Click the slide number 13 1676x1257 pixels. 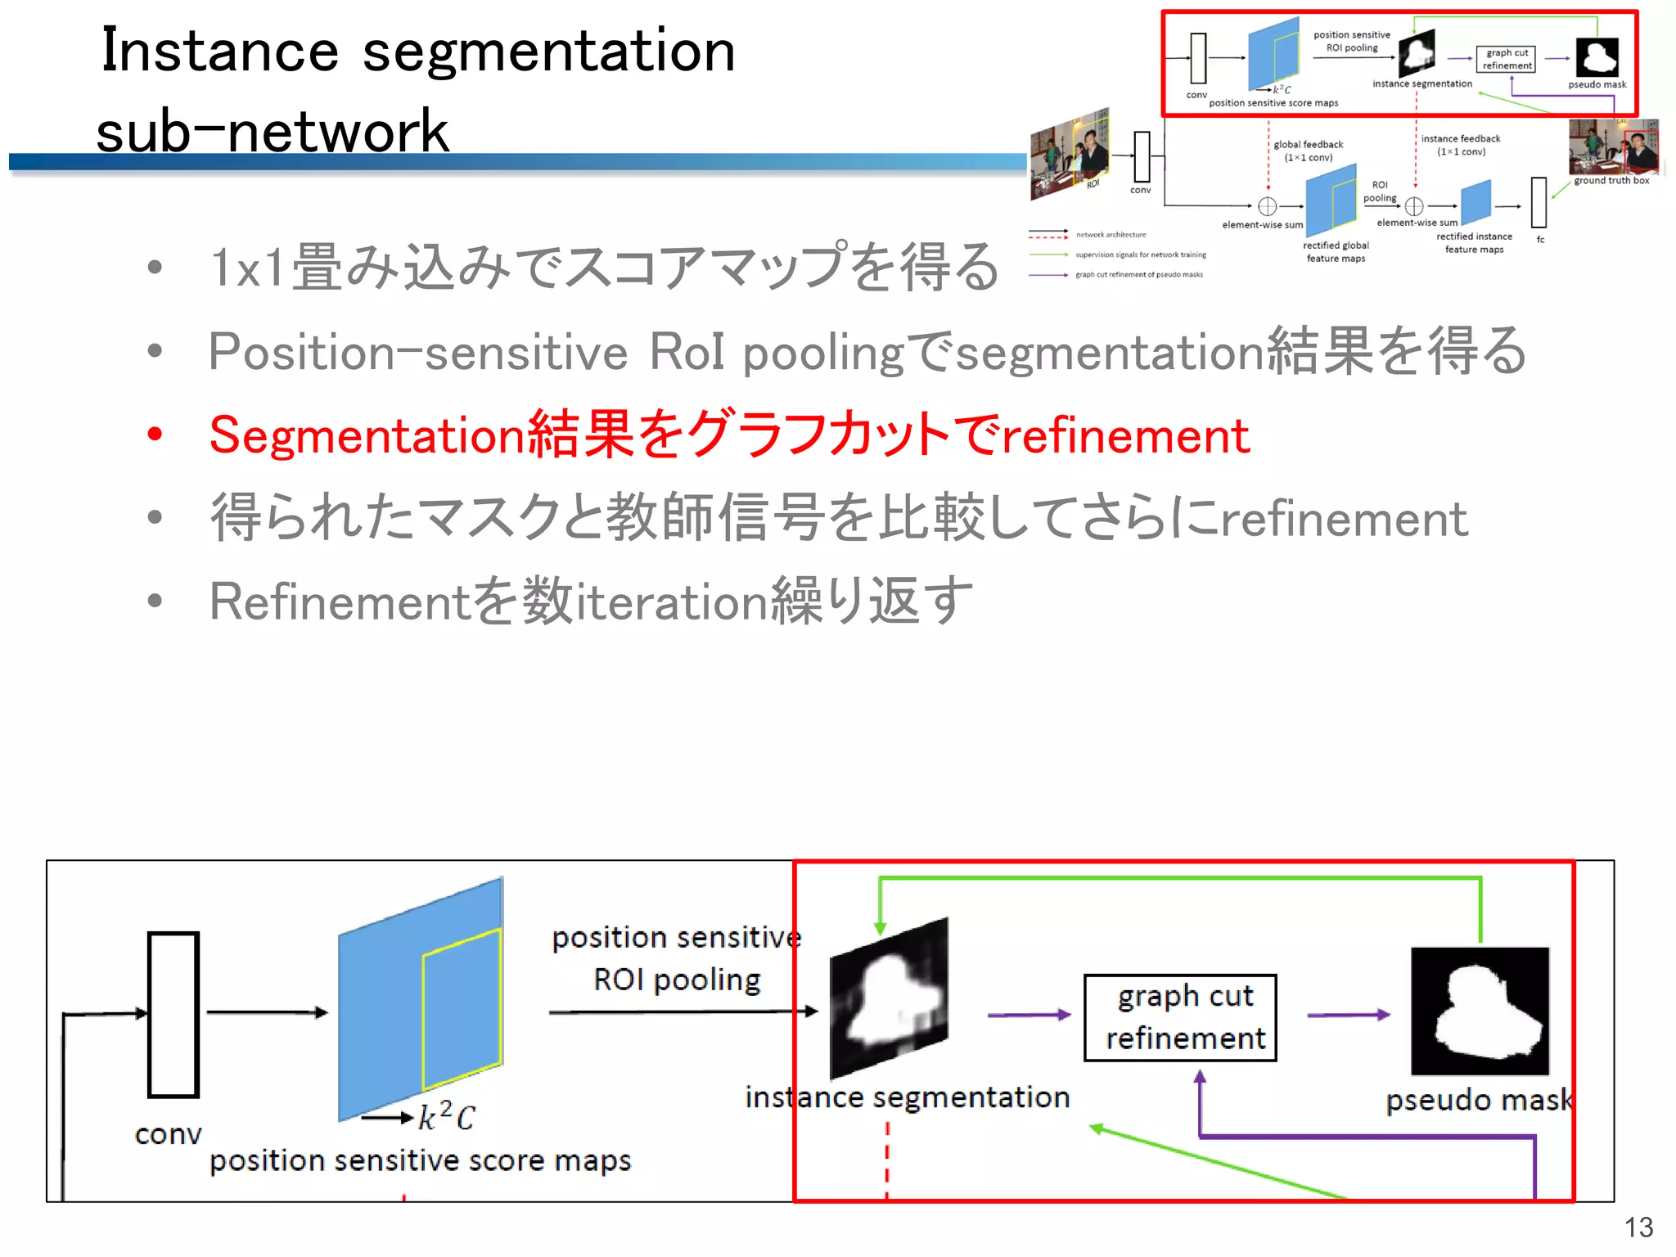click(1638, 1227)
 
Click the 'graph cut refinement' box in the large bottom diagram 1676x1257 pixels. click(1180, 1017)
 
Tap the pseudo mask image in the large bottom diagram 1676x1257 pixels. click(1480, 1011)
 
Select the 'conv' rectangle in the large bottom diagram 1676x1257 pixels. click(173, 1014)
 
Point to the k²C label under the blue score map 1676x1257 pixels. click(446, 1116)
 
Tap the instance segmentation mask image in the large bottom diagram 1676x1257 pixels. click(889, 998)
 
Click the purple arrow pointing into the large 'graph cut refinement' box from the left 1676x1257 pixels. click(1029, 1015)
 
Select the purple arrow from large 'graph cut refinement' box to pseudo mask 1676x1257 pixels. click(1348, 1015)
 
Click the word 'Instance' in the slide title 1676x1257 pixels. click(219, 51)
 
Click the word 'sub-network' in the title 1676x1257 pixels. click(273, 131)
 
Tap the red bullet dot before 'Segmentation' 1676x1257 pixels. click(155, 434)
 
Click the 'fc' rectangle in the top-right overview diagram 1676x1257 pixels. click(1539, 202)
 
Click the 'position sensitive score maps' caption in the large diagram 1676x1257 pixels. click(421, 1160)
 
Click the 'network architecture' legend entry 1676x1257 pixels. click(1111, 235)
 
